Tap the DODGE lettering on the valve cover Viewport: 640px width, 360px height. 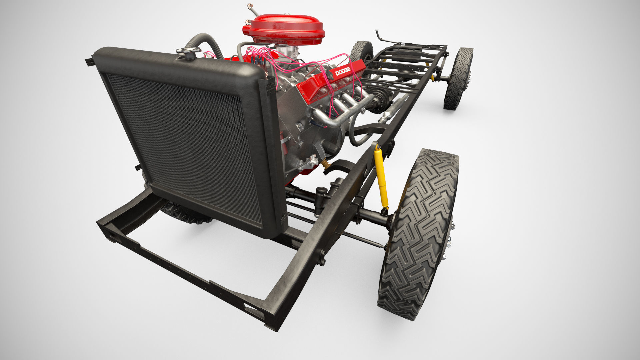pos(343,71)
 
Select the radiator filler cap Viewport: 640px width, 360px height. pos(188,51)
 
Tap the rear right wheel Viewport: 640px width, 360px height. pos(458,78)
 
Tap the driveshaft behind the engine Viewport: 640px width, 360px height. pos(393,107)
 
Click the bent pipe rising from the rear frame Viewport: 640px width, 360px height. pos(380,35)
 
